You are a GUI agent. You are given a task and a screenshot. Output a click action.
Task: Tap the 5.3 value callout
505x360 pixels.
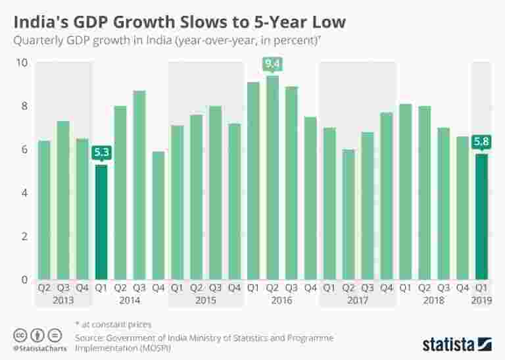coord(101,153)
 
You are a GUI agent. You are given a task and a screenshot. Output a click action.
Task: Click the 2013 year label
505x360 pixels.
coord(63,299)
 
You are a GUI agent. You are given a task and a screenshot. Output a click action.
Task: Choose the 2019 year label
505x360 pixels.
coord(482,299)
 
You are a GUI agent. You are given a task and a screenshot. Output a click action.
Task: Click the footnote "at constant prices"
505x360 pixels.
coord(117,324)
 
